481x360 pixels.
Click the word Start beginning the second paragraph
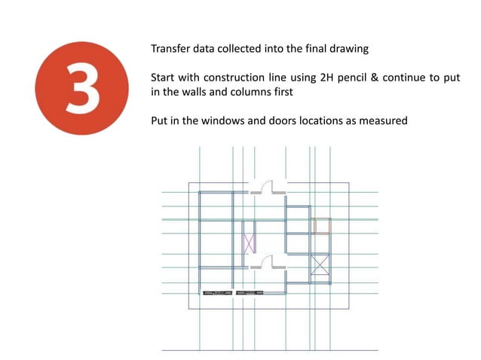click(164, 78)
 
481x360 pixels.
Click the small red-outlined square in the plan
click(322, 225)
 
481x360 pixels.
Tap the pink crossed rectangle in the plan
click(249, 243)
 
